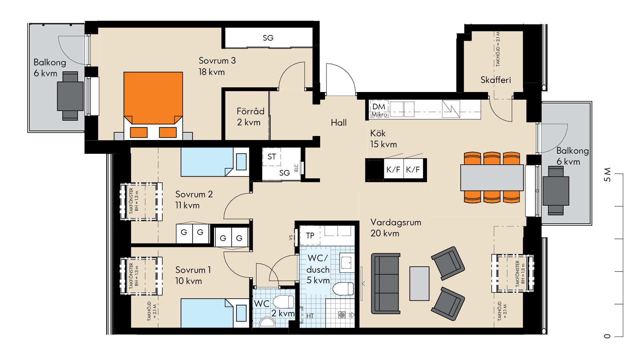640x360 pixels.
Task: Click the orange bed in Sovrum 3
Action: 153,106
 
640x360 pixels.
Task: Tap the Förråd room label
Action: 250,111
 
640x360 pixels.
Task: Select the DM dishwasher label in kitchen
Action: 379,107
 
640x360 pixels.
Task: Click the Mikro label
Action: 379,115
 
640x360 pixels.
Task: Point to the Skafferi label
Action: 496,80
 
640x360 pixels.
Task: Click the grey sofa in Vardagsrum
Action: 386,284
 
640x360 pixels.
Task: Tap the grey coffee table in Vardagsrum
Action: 419,283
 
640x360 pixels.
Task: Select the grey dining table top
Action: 492,178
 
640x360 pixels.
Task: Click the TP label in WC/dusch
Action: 310,236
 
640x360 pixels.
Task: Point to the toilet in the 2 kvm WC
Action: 284,302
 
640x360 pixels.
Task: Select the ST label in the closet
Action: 272,157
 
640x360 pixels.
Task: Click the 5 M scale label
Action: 607,174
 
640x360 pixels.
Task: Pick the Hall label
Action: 339,123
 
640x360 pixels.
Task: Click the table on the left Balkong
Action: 70,96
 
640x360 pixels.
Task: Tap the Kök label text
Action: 378,133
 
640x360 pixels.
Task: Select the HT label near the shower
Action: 310,316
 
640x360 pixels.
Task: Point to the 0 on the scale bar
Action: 607,336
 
